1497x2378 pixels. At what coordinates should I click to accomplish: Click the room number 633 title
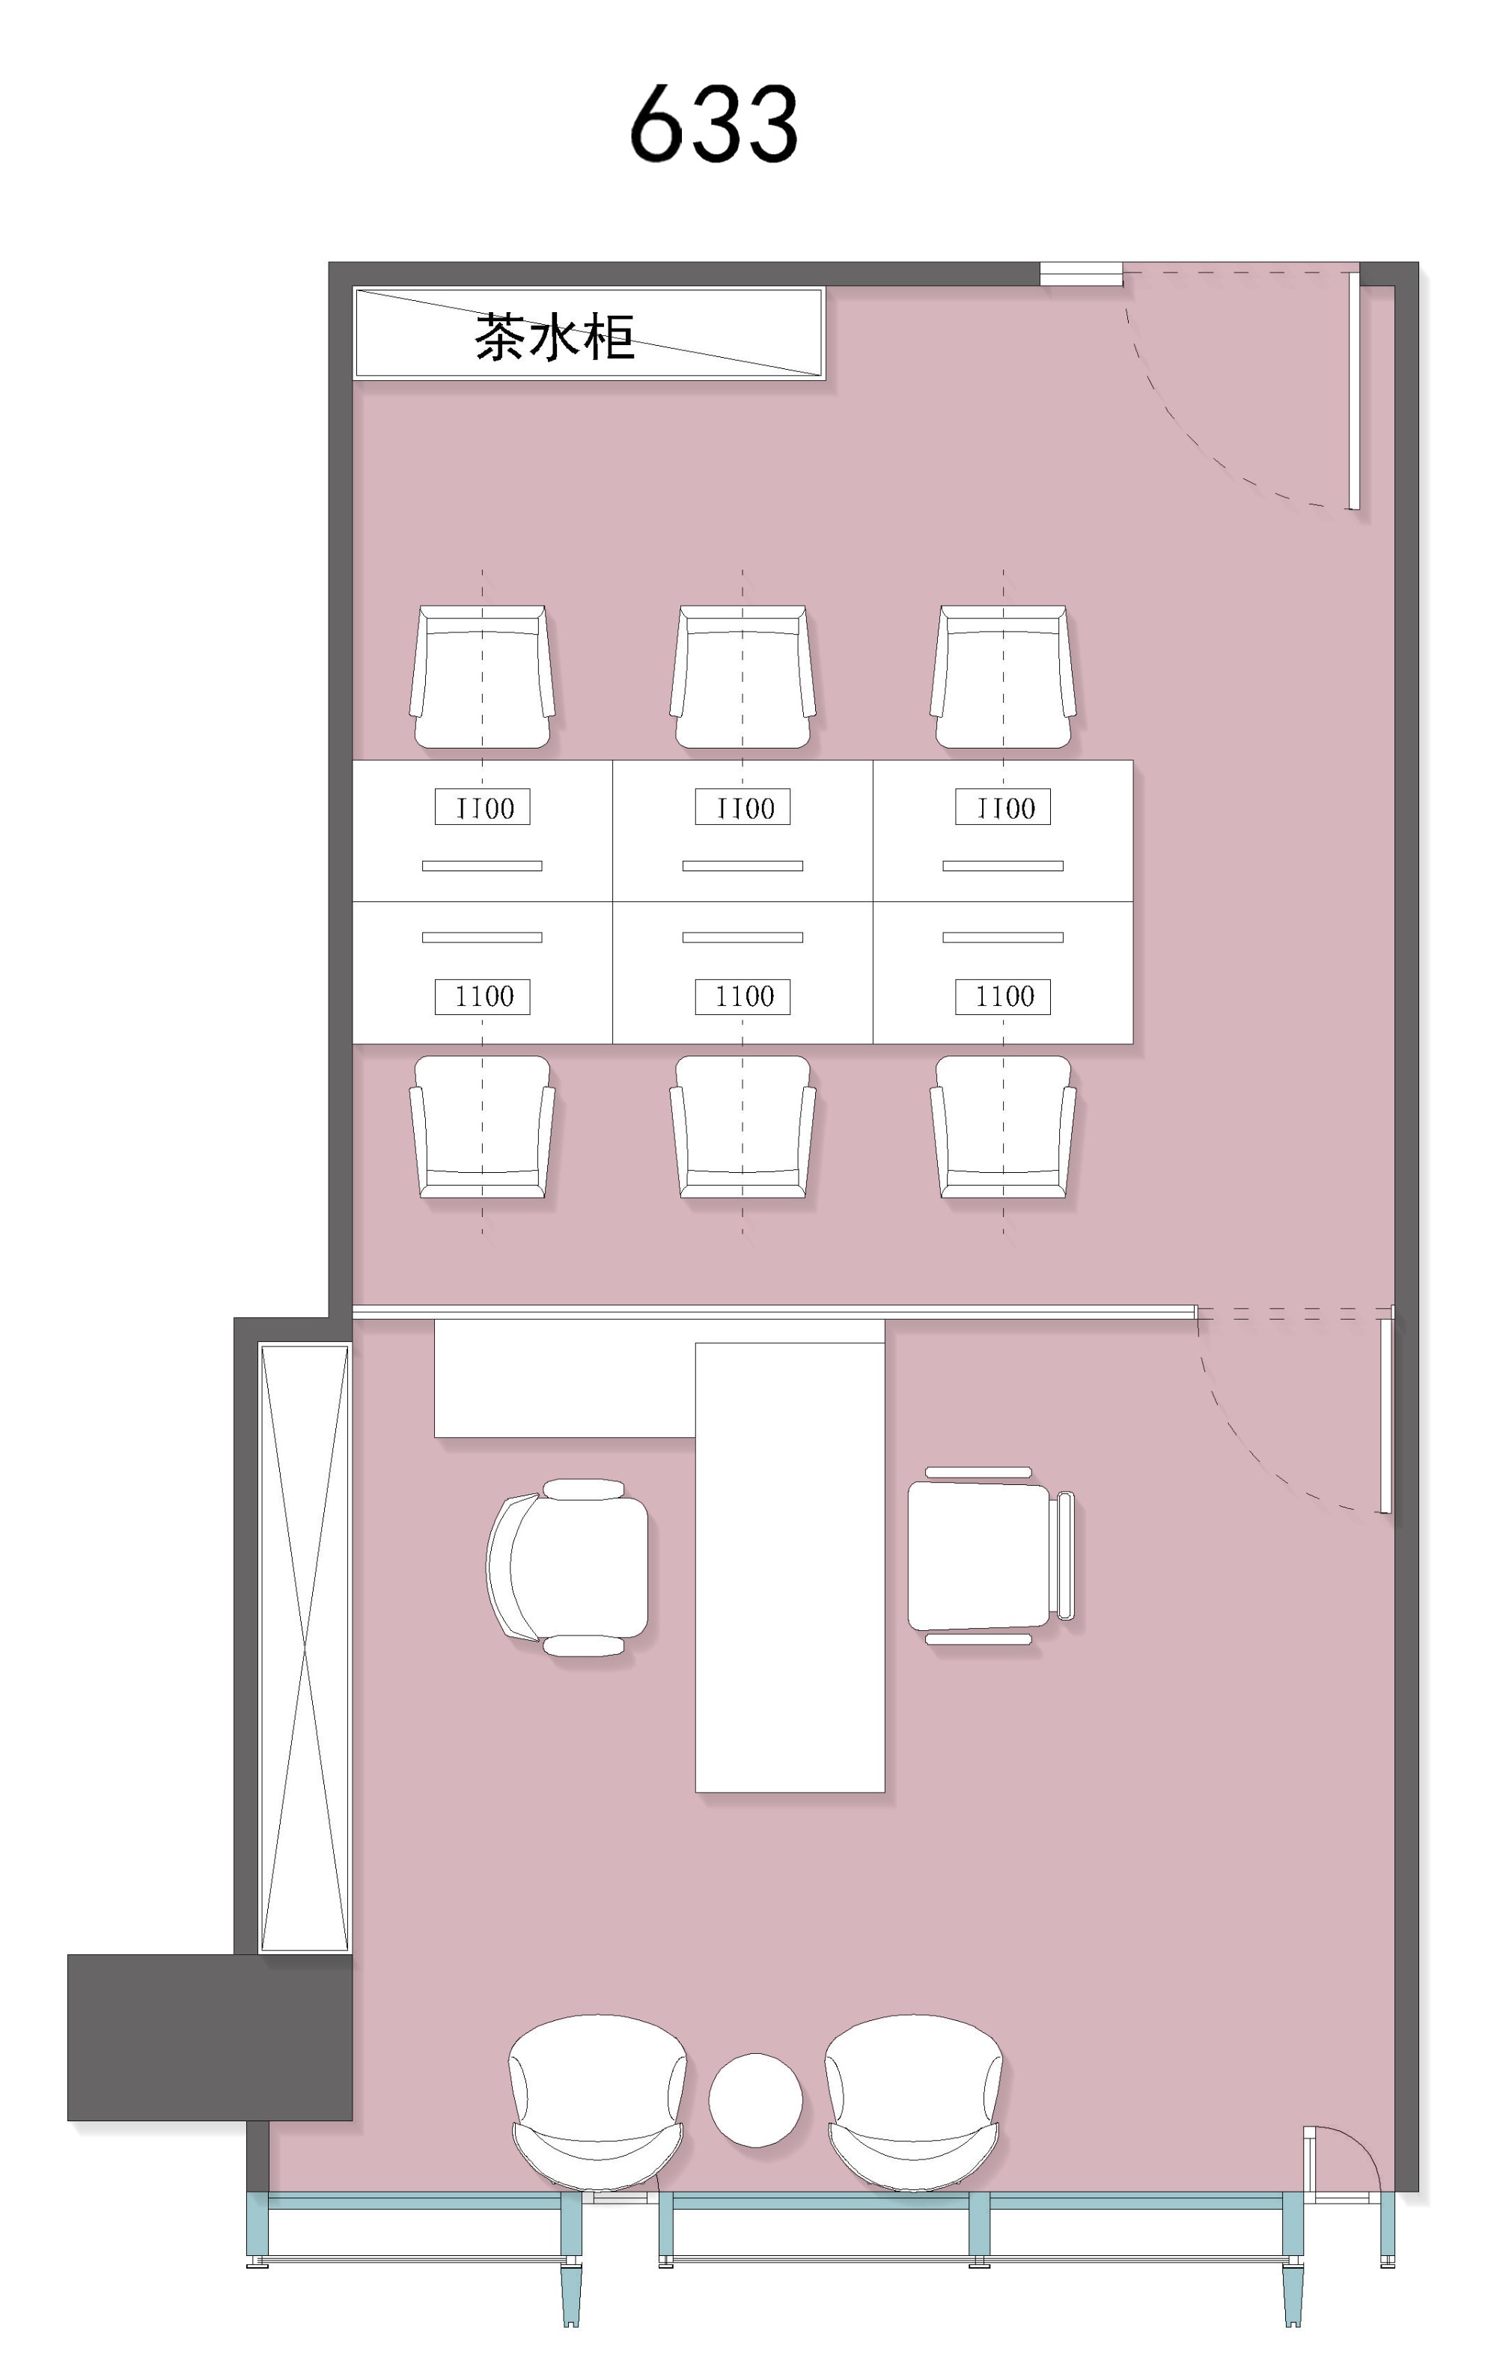pos(713,124)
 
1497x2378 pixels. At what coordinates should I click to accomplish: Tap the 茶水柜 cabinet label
pos(554,337)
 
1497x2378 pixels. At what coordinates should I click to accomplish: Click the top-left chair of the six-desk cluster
pos(482,677)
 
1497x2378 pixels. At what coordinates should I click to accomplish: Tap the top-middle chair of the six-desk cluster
pos(743,677)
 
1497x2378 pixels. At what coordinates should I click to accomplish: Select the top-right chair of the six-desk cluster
pos(1003,677)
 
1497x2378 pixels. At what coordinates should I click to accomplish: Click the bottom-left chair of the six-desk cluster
pos(482,1126)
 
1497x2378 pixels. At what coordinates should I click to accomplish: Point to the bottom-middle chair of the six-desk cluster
pos(743,1126)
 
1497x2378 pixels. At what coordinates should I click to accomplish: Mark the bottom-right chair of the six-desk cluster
pos(1003,1126)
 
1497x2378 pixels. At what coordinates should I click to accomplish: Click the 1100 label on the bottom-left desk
pos(483,996)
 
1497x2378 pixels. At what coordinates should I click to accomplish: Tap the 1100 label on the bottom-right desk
pos(1003,996)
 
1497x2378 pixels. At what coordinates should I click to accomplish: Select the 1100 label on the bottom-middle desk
pos(743,996)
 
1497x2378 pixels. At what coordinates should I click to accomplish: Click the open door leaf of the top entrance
pos(1354,391)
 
